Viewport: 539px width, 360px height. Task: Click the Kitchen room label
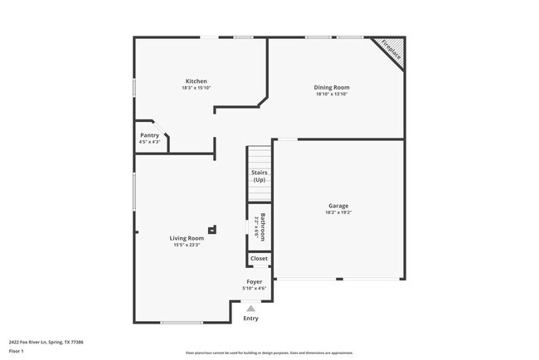(196, 81)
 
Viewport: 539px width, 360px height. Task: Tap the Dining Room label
(331, 87)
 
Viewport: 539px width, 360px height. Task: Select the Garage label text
(337, 205)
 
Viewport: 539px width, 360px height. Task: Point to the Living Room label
(187, 238)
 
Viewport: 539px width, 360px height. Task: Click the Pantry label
(149, 135)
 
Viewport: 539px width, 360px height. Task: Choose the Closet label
(259, 259)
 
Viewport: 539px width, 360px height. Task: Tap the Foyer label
(254, 282)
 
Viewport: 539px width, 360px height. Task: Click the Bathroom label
(263, 226)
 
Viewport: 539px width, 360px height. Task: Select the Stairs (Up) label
(259, 176)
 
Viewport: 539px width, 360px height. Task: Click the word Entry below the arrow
(250, 318)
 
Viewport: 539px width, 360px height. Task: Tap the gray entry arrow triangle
(250, 308)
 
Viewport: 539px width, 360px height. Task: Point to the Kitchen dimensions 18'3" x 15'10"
(196, 88)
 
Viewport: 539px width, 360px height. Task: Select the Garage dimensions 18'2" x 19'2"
(337, 212)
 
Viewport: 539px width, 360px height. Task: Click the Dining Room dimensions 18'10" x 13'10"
(331, 94)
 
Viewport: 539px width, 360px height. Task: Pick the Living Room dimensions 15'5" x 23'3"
(187, 245)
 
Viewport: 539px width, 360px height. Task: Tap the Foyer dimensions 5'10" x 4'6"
(254, 289)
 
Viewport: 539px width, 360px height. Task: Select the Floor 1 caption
(17, 351)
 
